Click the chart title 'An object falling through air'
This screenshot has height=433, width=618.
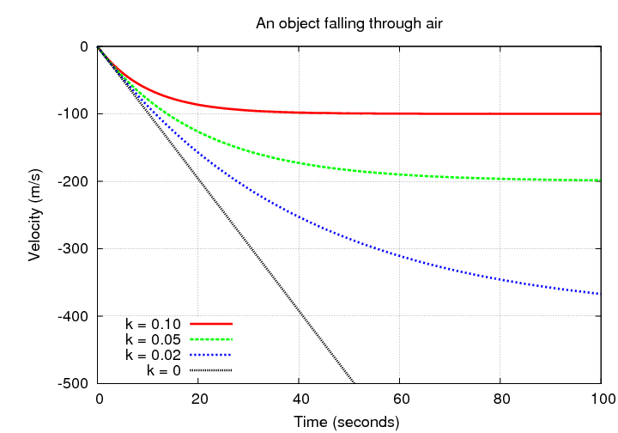349,23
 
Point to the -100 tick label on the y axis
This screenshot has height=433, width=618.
73,114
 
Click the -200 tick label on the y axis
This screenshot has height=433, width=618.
73,181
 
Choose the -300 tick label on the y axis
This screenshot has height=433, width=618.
73,249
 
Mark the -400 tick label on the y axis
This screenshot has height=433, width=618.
73,316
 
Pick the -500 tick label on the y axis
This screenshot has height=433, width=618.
73,383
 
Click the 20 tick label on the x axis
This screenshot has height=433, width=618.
198,399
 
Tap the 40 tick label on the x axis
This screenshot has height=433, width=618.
299,399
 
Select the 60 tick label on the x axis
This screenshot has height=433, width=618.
400,399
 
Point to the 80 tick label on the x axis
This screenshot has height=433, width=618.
500,399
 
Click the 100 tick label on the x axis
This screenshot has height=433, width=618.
600,399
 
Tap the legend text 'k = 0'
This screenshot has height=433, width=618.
164,371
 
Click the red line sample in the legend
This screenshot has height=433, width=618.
211,325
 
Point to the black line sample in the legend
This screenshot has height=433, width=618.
211,371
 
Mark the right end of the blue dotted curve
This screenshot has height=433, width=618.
599,294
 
